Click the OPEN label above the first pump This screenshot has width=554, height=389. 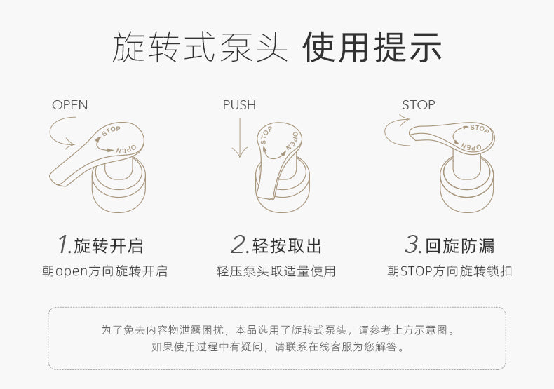point(69,105)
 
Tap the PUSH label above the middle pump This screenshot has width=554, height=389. point(239,105)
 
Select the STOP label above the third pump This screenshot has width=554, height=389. point(419,105)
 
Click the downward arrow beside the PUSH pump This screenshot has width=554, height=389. point(240,137)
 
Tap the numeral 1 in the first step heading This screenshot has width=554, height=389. point(65,244)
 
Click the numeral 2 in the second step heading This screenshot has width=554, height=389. point(240,244)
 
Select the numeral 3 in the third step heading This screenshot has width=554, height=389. point(412,244)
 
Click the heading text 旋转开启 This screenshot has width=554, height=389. point(109,246)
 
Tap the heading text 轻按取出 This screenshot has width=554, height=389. point(287,246)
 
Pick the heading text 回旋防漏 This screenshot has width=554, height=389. point(459,246)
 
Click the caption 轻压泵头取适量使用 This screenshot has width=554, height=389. point(276,271)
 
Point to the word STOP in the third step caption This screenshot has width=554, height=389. point(417,271)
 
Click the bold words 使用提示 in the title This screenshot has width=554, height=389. point(372,47)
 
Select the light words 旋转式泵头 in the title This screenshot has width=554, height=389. point(200,47)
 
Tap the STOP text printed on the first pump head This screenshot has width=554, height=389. point(111,130)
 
